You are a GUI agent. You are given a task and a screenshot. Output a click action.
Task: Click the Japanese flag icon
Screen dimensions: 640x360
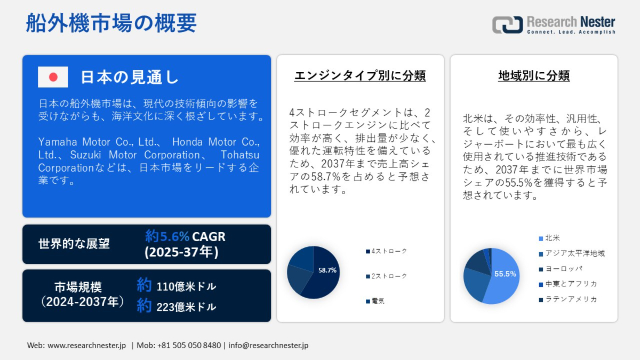pyautogui.click(x=53, y=77)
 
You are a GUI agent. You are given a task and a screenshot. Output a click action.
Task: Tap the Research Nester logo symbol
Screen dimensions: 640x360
pyautogui.click(x=507, y=25)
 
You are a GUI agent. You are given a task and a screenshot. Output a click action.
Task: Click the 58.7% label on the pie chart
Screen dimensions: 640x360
pyautogui.click(x=327, y=270)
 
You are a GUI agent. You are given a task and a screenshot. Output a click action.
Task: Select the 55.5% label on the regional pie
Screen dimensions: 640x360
pyautogui.click(x=505, y=274)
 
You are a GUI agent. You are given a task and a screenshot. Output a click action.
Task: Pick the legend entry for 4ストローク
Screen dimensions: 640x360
pyautogui.click(x=386, y=251)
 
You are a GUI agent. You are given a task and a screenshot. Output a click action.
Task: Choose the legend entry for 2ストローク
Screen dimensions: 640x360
pyautogui.click(x=386, y=276)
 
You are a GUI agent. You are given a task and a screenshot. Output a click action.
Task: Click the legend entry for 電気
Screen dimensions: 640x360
pyautogui.click(x=375, y=301)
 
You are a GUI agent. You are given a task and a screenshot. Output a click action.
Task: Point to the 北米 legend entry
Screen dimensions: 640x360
pyautogui.click(x=549, y=238)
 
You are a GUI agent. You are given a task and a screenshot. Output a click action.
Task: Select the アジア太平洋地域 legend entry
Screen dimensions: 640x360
pyautogui.click(x=572, y=253)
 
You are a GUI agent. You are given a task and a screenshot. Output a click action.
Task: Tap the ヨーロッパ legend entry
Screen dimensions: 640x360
pyautogui.click(x=561, y=269)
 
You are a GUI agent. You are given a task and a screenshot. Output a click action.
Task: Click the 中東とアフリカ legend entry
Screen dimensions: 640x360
pyautogui.click(x=568, y=284)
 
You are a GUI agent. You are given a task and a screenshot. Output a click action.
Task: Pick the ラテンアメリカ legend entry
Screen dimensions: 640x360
pyautogui.click(x=568, y=299)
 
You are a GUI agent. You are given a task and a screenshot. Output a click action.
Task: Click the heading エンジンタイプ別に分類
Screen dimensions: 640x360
pyautogui.click(x=360, y=76)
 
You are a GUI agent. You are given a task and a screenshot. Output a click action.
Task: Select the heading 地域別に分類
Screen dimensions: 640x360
pyautogui.click(x=534, y=76)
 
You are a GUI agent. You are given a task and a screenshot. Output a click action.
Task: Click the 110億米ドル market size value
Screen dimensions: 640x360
pyautogui.click(x=186, y=286)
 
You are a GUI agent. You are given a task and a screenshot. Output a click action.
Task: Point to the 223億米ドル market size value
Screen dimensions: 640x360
pyautogui.click(x=186, y=307)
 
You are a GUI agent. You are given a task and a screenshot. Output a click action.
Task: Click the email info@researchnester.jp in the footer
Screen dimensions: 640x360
pyautogui.click(x=268, y=346)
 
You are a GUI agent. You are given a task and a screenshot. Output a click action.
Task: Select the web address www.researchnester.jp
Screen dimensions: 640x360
pyautogui.click(x=86, y=346)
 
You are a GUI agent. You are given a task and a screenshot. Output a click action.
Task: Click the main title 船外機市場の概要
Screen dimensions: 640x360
pyautogui.click(x=111, y=23)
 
